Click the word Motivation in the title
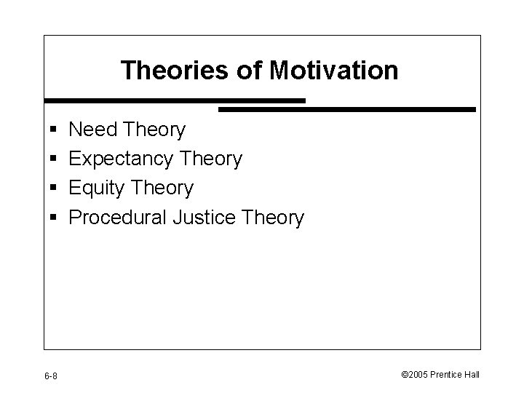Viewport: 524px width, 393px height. [x=334, y=71]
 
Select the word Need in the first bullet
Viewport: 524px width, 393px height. [x=94, y=130]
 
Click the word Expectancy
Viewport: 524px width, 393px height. [x=121, y=159]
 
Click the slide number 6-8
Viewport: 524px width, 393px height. [x=52, y=375]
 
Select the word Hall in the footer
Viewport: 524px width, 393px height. [x=472, y=374]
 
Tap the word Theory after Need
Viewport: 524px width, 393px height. [x=155, y=130]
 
